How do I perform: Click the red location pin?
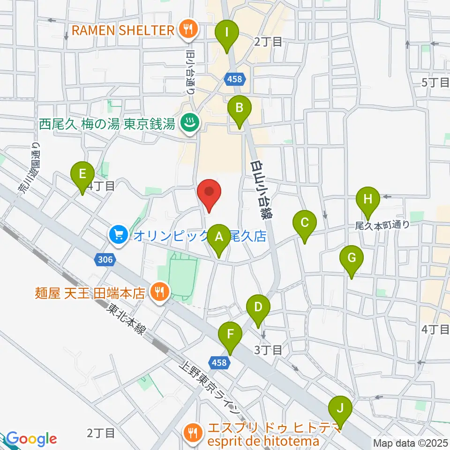[209, 195]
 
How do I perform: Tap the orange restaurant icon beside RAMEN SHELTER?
[188, 30]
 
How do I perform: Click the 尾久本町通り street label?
[382, 225]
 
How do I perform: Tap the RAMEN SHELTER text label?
[123, 31]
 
